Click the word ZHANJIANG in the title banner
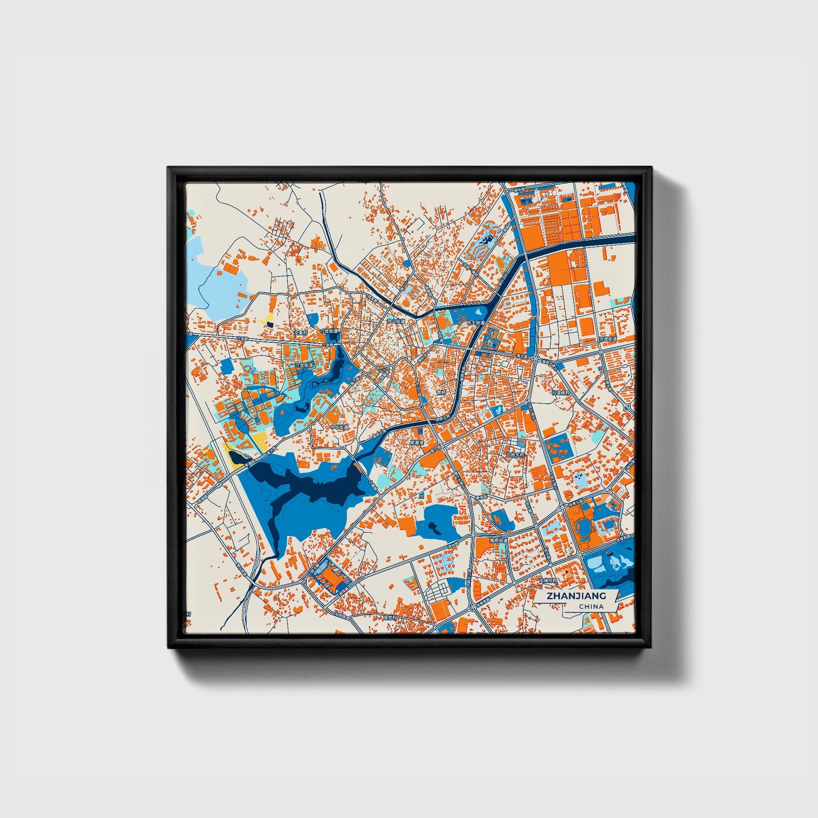576,596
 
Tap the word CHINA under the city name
591,606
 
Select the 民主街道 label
476,323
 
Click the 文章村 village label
299,332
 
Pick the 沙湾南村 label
561,392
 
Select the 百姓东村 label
515,454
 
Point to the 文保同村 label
548,580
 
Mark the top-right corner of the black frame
650,168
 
